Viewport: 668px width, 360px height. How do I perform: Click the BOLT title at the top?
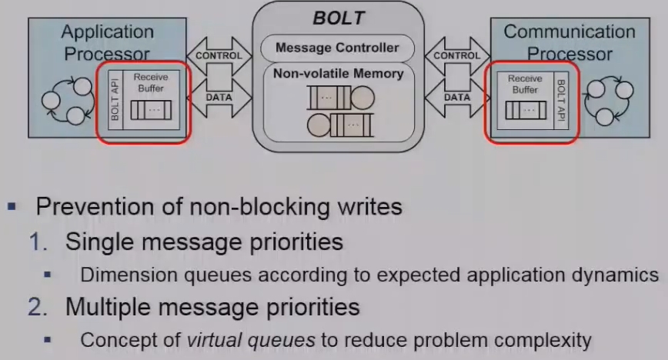tap(338, 18)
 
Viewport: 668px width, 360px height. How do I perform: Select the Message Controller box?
tap(337, 48)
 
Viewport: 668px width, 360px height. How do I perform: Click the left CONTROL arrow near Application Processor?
tap(219, 55)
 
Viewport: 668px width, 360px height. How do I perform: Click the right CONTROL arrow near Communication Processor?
tap(456, 55)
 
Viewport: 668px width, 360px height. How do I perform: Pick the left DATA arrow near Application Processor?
tap(219, 97)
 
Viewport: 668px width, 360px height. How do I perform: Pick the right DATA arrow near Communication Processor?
tap(456, 97)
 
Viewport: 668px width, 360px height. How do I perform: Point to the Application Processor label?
tap(107, 43)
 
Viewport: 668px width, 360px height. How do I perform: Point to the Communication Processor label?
tap(569, 43)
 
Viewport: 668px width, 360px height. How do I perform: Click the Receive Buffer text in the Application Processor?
tap(150, 82)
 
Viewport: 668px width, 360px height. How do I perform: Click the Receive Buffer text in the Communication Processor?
tap(525, 84)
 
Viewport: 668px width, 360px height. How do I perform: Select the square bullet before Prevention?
tap(12, 207)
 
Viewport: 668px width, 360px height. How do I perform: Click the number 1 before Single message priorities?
tap(36, 242)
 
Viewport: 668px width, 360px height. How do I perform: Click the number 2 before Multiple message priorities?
tap(36, 308)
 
